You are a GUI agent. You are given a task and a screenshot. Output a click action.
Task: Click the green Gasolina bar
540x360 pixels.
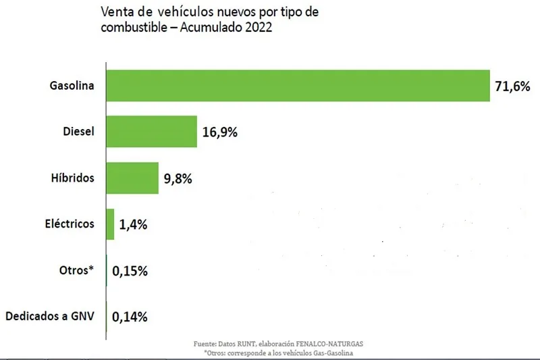298,86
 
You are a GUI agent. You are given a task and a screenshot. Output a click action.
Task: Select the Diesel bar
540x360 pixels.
151,132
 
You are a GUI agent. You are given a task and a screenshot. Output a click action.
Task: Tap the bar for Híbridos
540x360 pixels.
132,178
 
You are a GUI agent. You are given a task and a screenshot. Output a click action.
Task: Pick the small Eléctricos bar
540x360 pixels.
110,224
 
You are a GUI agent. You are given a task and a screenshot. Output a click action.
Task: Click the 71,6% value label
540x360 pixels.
512,86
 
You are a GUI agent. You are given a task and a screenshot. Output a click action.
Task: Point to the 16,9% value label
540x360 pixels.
219,132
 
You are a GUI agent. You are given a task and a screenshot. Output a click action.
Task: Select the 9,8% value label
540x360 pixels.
178,179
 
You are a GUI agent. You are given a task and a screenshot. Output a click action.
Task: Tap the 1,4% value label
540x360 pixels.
133,225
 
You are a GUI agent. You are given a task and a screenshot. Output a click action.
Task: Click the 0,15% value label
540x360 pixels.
130,271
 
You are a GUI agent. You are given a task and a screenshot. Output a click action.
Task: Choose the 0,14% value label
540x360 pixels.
130,316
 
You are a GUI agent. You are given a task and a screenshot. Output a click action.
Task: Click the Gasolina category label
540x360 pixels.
72,86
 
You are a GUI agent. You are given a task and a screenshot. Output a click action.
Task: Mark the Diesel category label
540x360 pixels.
77,132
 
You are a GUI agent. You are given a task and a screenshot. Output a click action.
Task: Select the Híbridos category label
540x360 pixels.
72,178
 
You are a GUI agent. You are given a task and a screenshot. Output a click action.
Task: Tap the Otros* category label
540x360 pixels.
76,270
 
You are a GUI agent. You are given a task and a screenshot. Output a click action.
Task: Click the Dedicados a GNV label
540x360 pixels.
49,316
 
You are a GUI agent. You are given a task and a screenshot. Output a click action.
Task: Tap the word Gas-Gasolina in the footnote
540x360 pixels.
335,353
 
